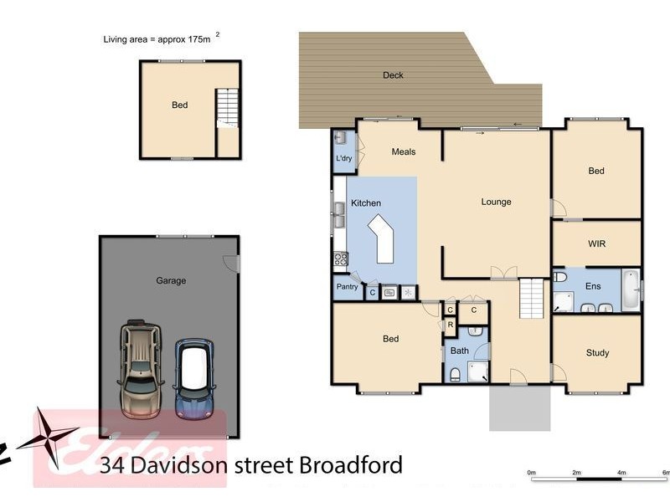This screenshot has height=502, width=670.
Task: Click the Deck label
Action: coord(393,75)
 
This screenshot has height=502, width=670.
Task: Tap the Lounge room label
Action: coord(496,202)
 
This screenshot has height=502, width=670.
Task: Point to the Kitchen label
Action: coord(366,203)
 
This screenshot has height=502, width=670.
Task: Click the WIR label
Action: coord(596,243)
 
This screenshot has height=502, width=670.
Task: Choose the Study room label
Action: coord(597,353)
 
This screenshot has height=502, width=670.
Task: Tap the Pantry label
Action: coord(347,287)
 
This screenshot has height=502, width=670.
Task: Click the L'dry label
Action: coord(343,158)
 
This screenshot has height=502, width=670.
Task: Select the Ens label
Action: coord(593,286)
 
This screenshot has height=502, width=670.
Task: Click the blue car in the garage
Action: coord(194,377)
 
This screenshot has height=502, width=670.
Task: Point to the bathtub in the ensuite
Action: coord(630,289)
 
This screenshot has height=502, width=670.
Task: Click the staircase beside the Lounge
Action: coord(533,299)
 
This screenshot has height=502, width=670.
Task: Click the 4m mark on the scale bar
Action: coord(621,473)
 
